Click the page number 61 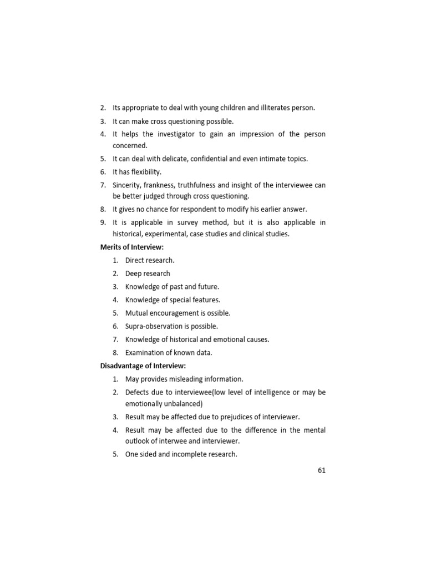tap(322, 470)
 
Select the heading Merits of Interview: tap(132, 247)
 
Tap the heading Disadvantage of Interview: tap(143, 366)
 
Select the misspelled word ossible tap(218, 313)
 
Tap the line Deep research tap(148, 273)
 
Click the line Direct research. tap(150, 260)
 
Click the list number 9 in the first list tap(103, 222)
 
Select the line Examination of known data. tap(169, 353)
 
